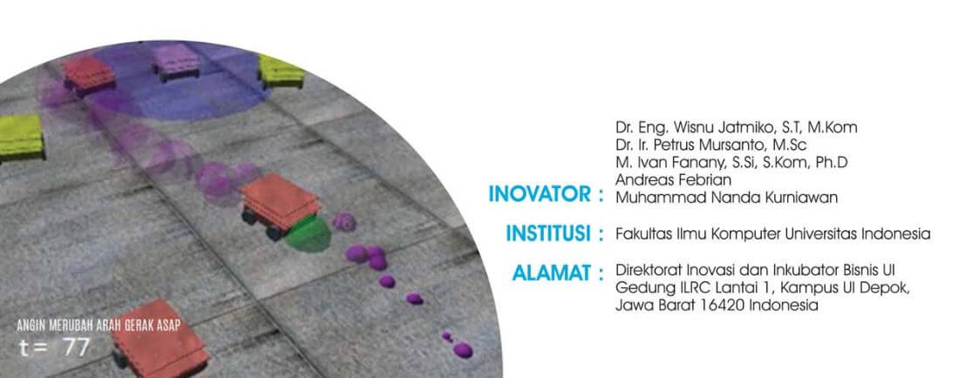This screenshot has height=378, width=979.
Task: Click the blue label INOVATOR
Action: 540,194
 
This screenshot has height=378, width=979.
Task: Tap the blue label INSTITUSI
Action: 549,234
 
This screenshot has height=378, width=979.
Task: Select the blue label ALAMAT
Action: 552,273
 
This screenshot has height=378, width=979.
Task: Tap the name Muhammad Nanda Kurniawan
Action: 727,198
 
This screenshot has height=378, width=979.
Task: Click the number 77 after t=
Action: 77,348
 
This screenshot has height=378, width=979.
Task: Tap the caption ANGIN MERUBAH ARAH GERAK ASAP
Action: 99,326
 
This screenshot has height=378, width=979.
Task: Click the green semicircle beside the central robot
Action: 309,235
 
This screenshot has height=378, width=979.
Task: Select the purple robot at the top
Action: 177,63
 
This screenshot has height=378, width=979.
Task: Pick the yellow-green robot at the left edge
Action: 21,138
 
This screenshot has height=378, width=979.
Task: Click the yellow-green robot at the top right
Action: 281,71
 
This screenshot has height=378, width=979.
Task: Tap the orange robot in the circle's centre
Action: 279,206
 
